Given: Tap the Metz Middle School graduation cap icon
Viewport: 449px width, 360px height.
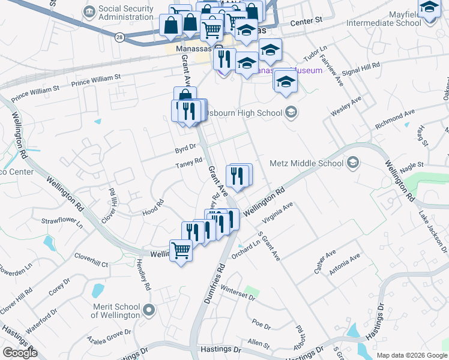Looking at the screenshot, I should tap(352, 163).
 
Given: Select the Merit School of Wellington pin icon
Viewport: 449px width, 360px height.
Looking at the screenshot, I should tap(149, 310).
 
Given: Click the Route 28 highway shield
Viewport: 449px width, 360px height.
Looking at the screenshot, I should tap(120, 37).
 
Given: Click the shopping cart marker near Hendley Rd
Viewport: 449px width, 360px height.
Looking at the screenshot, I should tap(181, 250).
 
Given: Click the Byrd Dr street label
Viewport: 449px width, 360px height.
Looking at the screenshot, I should tap(185, 146).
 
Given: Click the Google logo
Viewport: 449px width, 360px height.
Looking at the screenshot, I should tap(19, 353).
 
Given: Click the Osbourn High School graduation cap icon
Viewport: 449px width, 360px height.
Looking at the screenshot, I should tap(291, 112).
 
